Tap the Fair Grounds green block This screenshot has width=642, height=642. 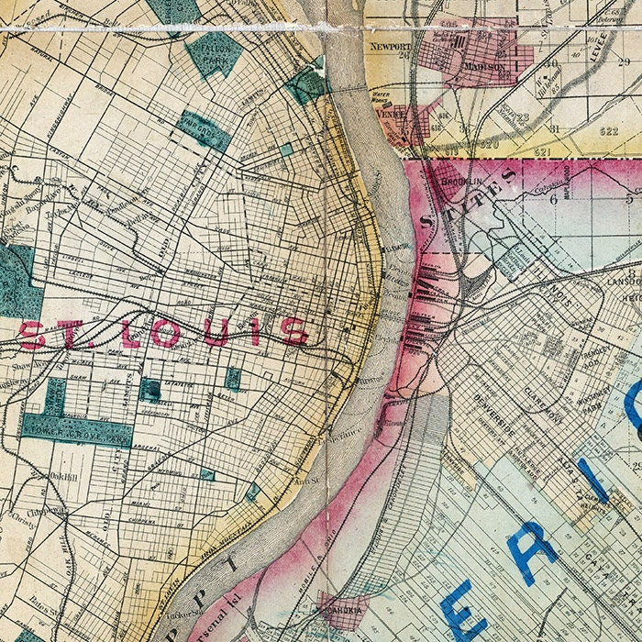203,131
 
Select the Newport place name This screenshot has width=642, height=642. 386,44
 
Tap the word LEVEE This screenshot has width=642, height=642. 601,43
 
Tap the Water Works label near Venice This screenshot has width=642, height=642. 382,94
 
